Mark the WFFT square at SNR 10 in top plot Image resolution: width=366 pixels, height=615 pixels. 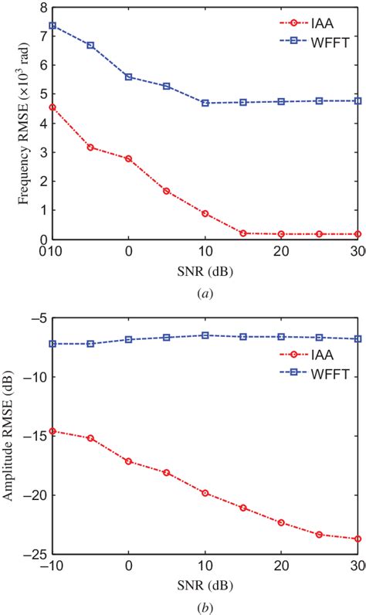(205, 103)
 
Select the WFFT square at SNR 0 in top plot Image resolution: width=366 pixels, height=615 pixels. (128, 76)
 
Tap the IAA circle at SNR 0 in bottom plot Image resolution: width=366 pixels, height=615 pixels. (128, 461)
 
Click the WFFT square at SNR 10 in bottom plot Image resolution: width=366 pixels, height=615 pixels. (205, 335)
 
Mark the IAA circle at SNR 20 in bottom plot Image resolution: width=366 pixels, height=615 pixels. (281, 522)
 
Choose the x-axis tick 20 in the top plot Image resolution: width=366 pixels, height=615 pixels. (281, 252)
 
